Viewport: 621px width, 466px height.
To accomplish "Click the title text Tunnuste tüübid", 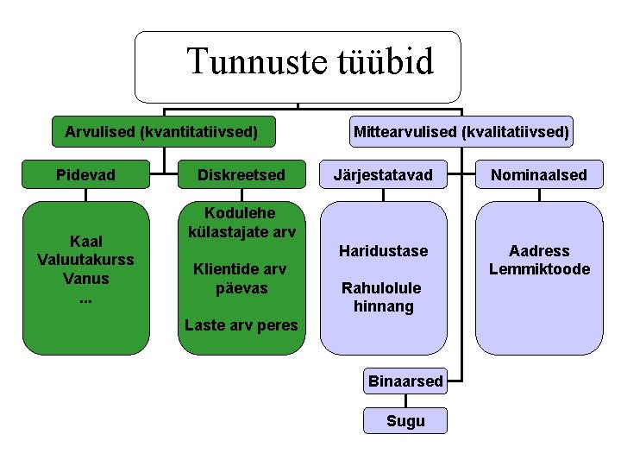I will pos(310,61).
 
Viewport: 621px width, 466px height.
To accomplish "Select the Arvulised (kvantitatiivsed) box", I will pos(162,132).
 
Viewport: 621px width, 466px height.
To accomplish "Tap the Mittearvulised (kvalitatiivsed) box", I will pos(461,132).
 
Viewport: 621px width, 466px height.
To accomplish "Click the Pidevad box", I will pos(85,175).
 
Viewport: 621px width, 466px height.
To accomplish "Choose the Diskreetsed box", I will pos(241,175).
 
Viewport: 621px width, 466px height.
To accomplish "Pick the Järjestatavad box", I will pos(383,175).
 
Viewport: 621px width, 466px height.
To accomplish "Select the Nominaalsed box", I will pos(539,175).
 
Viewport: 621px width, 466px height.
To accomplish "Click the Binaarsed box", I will pos(405,381).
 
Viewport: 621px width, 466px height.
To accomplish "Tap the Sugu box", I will pos(405,421).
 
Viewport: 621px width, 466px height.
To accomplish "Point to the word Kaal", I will pos(85,242).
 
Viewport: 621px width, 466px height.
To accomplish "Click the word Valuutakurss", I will pos(85,260).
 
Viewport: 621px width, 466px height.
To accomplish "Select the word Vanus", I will pos(85,278).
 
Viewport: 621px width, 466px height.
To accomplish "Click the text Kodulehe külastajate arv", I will pos(241,222).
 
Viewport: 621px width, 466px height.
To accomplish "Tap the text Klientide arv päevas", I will pos(241,279).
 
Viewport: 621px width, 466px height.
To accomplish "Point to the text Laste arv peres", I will pos(241,325).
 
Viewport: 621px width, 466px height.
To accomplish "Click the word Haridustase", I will pos(383,251).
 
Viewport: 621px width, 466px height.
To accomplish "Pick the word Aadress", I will pos(539,251).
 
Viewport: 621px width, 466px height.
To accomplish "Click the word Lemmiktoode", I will pos(539,269).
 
